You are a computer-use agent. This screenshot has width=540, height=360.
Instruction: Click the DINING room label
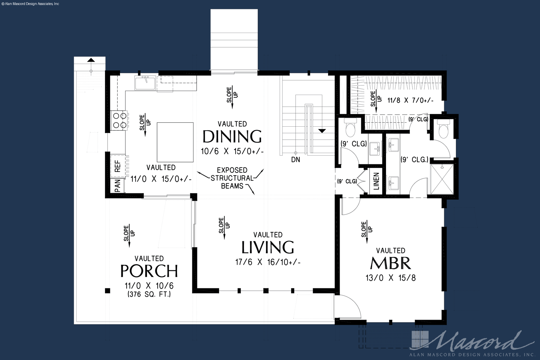[x=232, y=137]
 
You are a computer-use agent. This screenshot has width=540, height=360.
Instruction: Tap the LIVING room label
[x=268, y=247]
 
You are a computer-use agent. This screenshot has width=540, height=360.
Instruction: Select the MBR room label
[x=391, y=263]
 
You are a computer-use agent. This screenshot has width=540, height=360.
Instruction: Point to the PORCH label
[x=149, y=271]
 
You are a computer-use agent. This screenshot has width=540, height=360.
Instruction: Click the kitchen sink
[x=145, y=83]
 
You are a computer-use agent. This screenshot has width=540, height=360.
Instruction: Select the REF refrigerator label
[x=118, y=166]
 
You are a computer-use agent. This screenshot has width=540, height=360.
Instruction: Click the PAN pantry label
[x=117, y=186]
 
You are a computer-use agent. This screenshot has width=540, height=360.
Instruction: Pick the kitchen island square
[x=175, y=142]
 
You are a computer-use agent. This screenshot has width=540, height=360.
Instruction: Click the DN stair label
[x=296, y=160]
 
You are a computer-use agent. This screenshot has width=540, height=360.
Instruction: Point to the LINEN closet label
[x=376, y=181]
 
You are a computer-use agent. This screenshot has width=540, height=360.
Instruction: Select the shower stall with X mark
[x=442, y=179]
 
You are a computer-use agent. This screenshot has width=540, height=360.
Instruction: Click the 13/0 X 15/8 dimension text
[x=391, y=278]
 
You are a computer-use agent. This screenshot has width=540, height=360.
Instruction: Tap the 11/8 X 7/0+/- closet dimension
[x=411, y=100]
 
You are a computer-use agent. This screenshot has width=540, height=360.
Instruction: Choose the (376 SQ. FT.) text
[x=149, y=294]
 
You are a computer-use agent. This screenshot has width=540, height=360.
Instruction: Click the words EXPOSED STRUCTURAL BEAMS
[x=232, y=178]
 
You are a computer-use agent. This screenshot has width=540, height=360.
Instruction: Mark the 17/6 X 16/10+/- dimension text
[x=268, y=262]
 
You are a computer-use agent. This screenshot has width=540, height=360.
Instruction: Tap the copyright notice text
[x=30, y=4]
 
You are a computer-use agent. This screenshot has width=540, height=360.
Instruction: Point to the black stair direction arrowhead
[x=322, y=131]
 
